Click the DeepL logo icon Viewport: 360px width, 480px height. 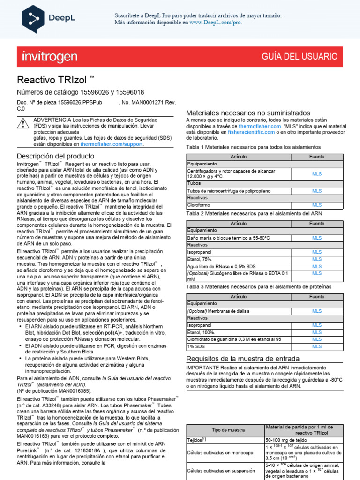34,18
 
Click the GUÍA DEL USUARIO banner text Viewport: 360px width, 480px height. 299,57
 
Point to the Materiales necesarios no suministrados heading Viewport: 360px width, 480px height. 248,113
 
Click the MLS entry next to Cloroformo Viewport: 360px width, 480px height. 317,205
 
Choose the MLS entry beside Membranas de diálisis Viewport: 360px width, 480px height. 317,311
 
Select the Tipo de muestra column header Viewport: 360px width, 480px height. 225,430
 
